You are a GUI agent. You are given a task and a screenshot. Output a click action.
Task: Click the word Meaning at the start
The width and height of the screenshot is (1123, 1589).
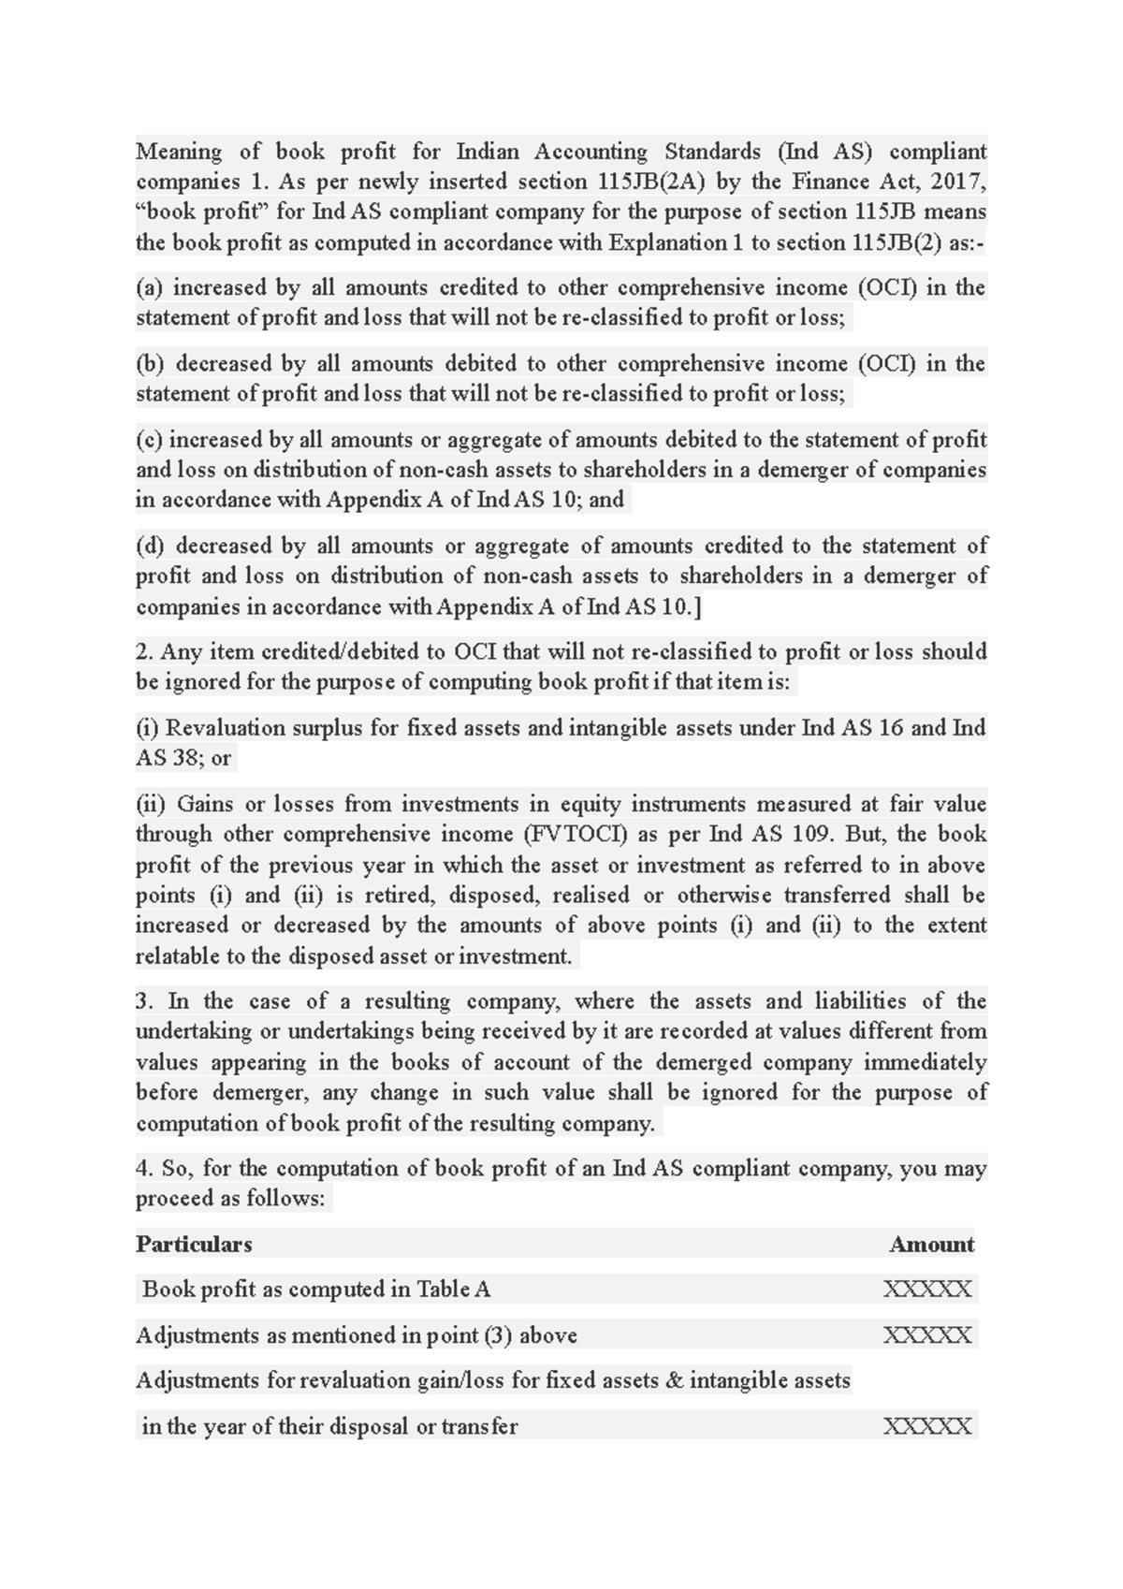[x=179, y=152]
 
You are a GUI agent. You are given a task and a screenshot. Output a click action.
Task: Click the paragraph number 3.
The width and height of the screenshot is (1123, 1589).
[x=142, y=1001]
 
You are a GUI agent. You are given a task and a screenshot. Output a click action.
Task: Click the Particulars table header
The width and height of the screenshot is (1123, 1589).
[x=194, y=1245]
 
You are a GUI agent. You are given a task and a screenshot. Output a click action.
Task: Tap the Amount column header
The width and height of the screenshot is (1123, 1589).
[x=931, y=1245]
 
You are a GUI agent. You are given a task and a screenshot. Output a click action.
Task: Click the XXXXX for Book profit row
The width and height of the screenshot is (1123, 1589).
[x=927, y=1290]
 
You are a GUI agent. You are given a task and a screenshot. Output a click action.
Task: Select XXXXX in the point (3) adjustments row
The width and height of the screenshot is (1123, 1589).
[x=927, y=1335]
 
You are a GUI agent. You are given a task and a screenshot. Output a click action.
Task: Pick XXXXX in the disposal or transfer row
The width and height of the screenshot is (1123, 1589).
[x=927, y=1427]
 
